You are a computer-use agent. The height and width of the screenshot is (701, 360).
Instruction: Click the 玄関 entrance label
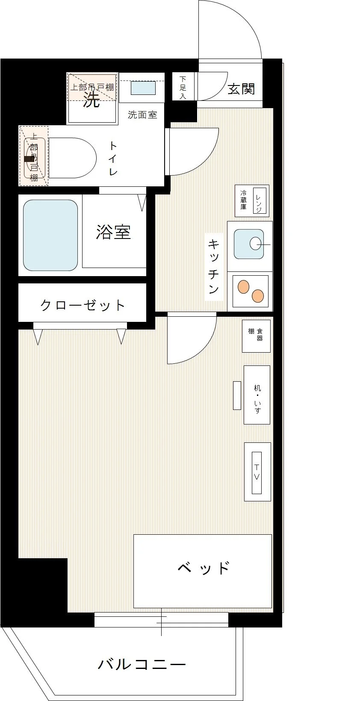point(241,89)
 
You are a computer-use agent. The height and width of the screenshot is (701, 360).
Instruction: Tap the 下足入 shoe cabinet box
point(183,86)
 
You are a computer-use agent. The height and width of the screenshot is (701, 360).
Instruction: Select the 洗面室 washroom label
point(142,115)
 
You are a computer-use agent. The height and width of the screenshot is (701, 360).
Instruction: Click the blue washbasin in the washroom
point(143,88)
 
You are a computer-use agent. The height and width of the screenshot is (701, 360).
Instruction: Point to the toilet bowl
point(72,158)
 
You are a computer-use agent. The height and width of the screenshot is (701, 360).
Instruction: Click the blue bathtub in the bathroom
point(50,235)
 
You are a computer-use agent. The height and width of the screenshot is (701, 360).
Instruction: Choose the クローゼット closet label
point(83,305)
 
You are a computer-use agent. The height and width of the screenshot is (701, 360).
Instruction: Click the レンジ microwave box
point(260,200)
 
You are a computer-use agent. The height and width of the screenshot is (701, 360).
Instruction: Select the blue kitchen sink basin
point(249,244)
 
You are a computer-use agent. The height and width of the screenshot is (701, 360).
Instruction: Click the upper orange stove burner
point(244,287)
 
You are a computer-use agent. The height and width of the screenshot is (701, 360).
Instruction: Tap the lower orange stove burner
point(258,296)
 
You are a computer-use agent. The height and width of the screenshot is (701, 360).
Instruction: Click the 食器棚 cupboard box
point(256,336)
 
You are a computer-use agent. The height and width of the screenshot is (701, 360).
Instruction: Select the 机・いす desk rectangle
point(257,395)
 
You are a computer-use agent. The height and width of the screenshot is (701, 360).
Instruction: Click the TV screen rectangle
point(257,473)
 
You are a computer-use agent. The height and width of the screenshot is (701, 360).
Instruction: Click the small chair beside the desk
point(237,395)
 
